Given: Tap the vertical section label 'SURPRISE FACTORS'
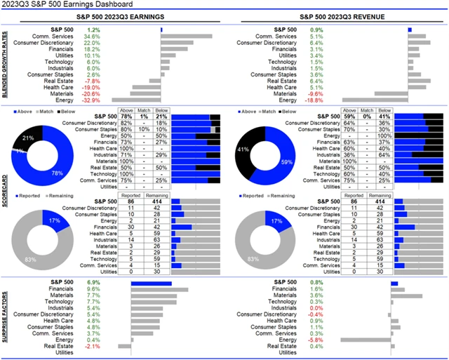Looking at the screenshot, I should [6, 319].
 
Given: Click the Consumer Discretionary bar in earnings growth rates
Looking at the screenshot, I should [177, 43].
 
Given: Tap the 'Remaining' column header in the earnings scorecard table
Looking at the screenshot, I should [156, 196].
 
